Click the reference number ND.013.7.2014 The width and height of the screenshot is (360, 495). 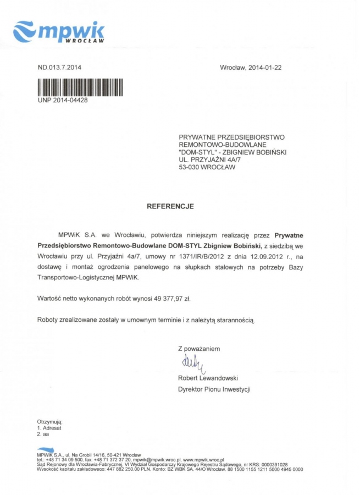tap(59, 68)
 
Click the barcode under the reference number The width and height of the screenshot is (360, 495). tap(79, 87)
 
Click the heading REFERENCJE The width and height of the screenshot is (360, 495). tap(170, 206)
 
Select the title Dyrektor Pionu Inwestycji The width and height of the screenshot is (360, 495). tap(214, 389)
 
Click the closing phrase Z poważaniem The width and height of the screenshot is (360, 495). tap(198, 349)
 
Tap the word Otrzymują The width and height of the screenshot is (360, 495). tap(49, 422)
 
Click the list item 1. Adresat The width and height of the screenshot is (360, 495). tap(49, 428)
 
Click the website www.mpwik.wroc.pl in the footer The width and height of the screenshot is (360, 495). tap(203, 459)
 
